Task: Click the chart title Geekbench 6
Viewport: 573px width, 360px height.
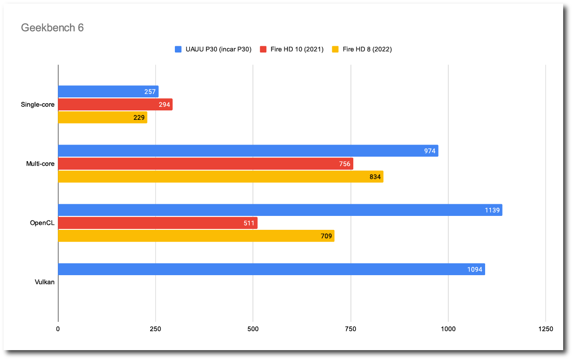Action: click(x=52, y=28)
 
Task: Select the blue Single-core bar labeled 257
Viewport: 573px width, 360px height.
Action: click(x=108, y=92)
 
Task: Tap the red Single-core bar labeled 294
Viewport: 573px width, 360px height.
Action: click(x=115, y=105)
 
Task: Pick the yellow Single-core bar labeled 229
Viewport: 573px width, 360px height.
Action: click(x=103, y=118)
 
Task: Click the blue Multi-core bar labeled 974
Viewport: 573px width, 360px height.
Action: click(x=248, y=151)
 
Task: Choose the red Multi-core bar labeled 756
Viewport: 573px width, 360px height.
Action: click(x=205, y=164)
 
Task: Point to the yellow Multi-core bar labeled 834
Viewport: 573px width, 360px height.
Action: click(x=221, y=177)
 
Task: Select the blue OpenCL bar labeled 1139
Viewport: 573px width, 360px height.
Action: click(x=280, y=210)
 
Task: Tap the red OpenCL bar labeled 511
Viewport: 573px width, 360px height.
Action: click(x=158, y=223)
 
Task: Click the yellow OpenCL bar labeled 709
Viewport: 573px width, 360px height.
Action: click(x=196, y=236)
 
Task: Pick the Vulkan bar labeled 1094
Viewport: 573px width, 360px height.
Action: click(x=271, y=269)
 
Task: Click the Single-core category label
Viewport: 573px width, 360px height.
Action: click(x=38, y=105)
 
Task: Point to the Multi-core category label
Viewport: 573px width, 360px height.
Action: click(x=40, y=164)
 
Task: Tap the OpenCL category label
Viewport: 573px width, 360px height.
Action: click(x=42, y=223)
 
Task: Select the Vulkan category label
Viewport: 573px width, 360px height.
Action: click(x=45, y=282)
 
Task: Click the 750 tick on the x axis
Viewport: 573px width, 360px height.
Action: click(x=351, y=329)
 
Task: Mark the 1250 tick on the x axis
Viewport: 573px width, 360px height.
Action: click(x=545, y=329)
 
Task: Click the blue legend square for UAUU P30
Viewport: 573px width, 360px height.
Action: click(x=178, y=49)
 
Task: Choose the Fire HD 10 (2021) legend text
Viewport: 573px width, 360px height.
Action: click(x=297, y=49)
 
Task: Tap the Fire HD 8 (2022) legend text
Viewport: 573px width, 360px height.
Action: click(x=367, y=49)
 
